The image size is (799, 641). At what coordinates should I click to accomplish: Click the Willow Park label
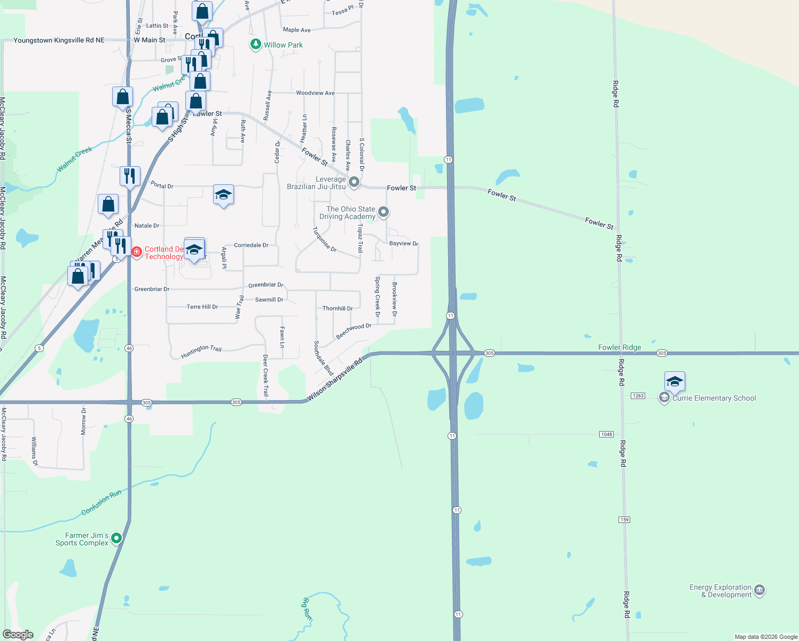tap(283, 45)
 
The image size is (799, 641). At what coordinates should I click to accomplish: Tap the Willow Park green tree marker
tap(256, 44)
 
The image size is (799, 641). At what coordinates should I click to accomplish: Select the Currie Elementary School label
tap(714, 398)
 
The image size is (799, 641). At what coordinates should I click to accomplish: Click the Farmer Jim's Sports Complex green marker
tap(116, 538)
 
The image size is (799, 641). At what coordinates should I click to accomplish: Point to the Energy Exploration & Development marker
tap(759, 590)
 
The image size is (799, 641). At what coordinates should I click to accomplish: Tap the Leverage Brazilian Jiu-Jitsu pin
tap(354, 183)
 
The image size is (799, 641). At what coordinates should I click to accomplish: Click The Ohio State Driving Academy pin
tap(383, 212)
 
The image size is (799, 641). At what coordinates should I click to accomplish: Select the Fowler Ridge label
tap(620, 347)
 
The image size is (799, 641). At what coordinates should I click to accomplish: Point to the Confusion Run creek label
tap(101, 503)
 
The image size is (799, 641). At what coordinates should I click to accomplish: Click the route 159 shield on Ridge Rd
tap(624, 520)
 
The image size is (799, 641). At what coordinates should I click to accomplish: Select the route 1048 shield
tap(606, 434)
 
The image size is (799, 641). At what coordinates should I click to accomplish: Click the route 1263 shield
tap(638, 396)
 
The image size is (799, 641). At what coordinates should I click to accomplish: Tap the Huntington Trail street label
tap(201, 351)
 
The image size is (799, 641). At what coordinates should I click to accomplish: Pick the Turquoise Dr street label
tap(324, 239)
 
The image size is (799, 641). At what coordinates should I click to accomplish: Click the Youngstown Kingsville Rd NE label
tap(59, 40)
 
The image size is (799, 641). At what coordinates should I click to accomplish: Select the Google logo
tap(18, 635)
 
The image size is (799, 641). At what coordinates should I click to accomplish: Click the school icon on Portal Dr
tap(223, 196)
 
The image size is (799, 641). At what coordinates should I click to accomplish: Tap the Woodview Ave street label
tap(315, 93)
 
